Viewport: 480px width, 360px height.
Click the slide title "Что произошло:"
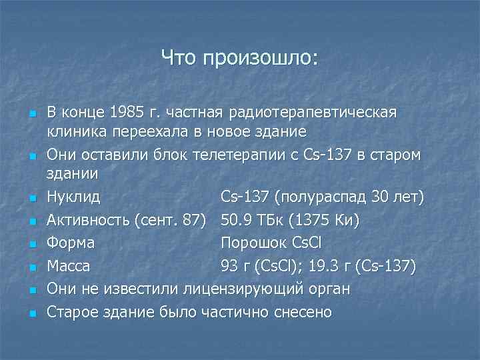239,59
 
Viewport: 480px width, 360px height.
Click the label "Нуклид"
73,197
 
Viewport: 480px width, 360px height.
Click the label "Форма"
71,242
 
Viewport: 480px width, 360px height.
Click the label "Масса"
69,266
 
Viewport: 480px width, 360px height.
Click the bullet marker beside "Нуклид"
32,199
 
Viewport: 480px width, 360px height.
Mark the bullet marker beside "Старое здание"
32,313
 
